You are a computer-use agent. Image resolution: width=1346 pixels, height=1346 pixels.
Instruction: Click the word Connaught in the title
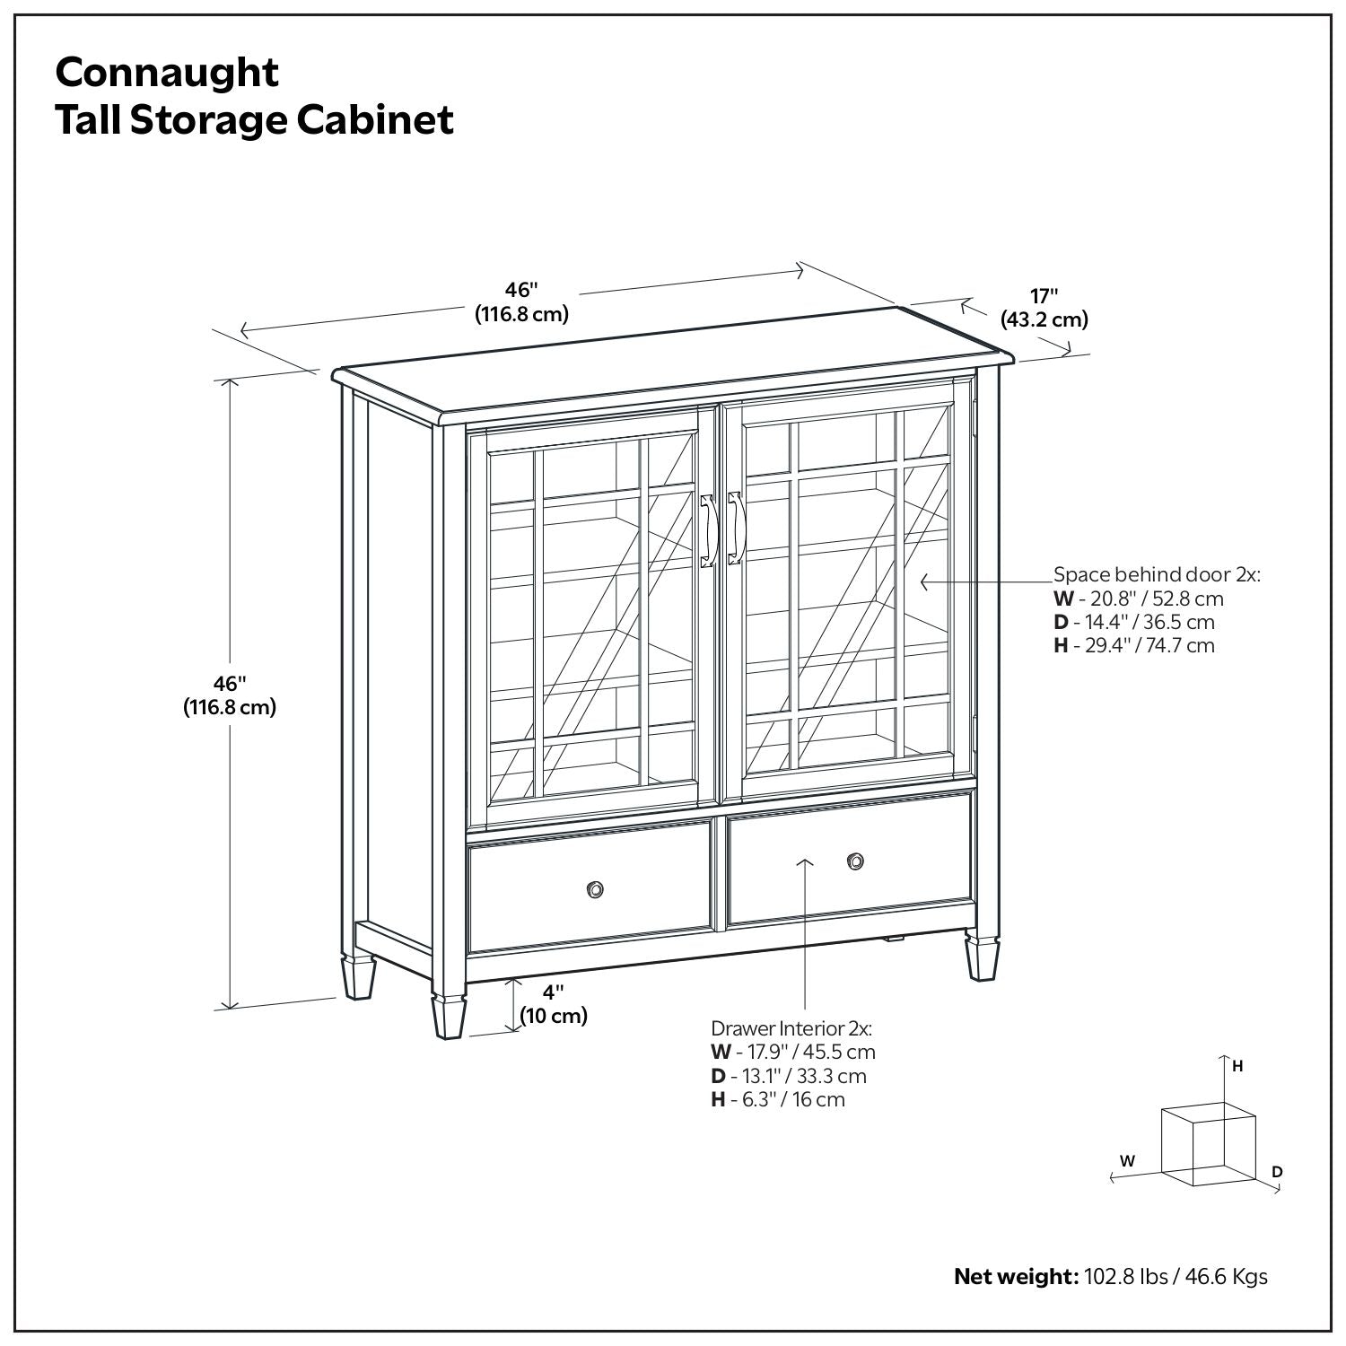(167, 72)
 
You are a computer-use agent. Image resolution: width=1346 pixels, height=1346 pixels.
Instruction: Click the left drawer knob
(594, 889)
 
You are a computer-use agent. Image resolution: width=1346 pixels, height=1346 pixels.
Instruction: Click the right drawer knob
(856, 861)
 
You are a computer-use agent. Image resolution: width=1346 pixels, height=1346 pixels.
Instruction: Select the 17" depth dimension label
(1044, 296)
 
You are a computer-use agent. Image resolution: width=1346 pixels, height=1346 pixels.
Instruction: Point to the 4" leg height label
(554, 992)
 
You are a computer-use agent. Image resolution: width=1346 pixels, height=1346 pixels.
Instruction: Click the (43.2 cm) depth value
(1044, 319)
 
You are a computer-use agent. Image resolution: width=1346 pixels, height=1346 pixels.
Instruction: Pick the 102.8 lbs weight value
(1125, 1276)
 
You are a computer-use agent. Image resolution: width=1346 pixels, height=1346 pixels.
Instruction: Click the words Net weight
(1015, 1276)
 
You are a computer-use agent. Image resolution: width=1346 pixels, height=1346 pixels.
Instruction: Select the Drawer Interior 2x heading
(791, 1028)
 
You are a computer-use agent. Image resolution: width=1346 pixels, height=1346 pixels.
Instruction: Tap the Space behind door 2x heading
(1157, 574)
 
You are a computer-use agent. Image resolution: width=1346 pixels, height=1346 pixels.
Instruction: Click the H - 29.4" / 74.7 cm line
(1134, 645)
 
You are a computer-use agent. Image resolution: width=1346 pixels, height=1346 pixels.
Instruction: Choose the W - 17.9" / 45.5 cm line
(793, 1052)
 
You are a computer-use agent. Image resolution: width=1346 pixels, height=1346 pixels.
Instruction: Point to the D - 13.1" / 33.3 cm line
(789, 1076)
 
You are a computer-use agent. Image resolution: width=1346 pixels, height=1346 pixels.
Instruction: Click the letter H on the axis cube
(1237, 1066)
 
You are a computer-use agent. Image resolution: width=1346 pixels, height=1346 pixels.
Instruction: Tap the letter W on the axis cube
(1128, 1161)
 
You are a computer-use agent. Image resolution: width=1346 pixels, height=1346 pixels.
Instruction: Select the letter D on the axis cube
(1277, 1172)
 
